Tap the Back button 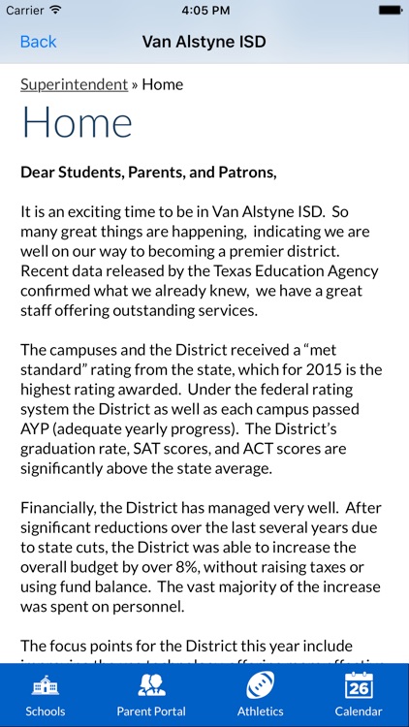39,42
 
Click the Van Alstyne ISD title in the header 204,42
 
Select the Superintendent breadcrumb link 74,84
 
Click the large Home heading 77,123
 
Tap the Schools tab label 46,711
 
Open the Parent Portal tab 150,695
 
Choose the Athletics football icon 260,685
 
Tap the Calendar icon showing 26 359,685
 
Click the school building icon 46,685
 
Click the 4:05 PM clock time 204,10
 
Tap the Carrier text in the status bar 24,10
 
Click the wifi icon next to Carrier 55,10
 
